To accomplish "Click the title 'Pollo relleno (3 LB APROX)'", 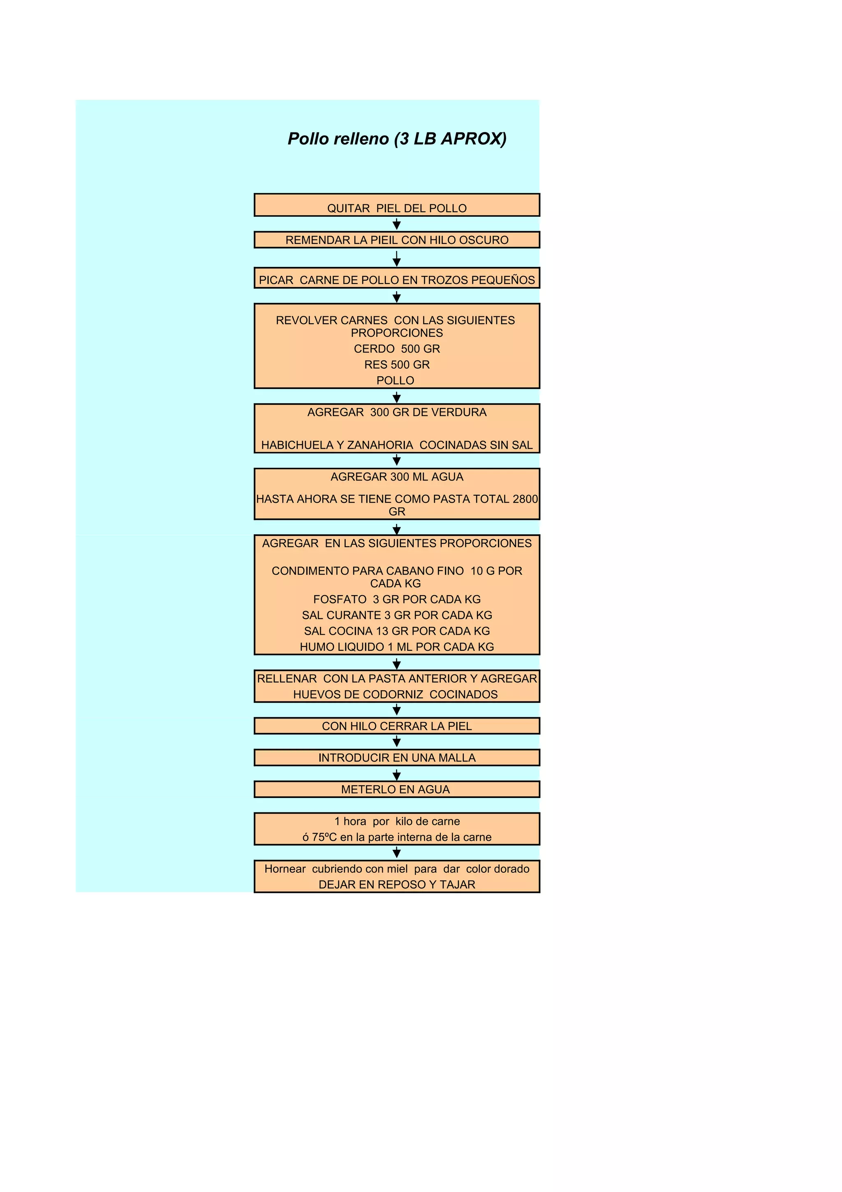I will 397,139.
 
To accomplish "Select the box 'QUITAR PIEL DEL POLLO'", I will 396,206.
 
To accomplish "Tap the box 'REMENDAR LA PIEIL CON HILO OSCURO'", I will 396,240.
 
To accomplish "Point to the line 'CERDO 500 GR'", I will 396,349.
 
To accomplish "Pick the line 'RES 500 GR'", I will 396,365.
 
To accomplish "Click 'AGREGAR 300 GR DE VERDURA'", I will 396,412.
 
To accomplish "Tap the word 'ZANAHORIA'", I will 380,445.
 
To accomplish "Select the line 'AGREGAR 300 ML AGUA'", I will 396,477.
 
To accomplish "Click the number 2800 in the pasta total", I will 525,499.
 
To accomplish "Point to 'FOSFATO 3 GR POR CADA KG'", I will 396,599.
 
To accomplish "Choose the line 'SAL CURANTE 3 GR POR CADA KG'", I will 396,615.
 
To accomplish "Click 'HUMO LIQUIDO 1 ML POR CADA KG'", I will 396,647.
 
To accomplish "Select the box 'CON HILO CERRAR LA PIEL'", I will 396,726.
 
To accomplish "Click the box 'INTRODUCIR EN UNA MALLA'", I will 396,758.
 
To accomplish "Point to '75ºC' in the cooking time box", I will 324,837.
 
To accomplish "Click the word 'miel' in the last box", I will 397,869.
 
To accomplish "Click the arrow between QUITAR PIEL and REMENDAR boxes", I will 396,224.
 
